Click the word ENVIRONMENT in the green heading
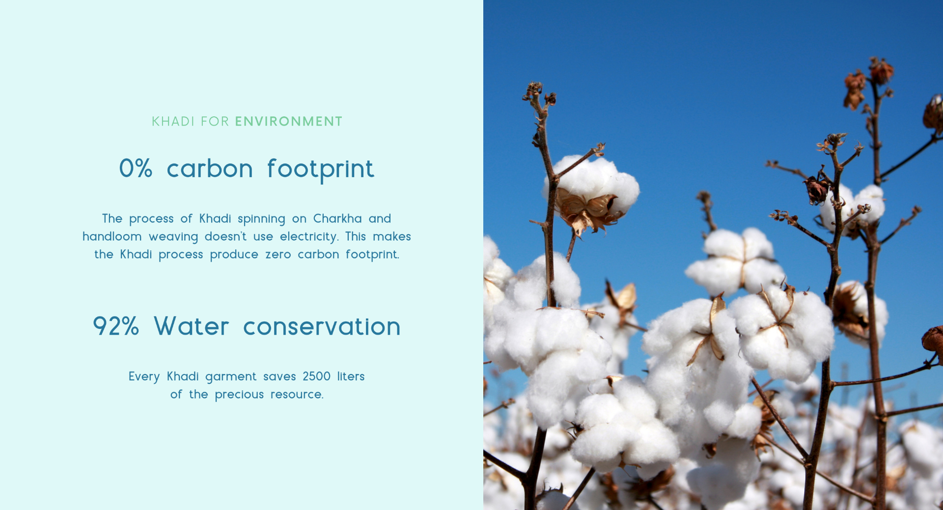click(x=288, y=121)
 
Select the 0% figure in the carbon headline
click(x=136, y=168)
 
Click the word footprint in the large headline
click(x=320, y=170)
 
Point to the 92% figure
click(x=116, y=326)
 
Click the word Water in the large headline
click(x=191, y=326)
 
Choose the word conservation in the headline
click(x=322, y=326)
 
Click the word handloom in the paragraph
click(x=112, y=236)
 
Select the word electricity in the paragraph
click(x=309, y=237)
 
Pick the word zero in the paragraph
click(x=278, y=254)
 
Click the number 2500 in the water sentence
click(x=316, y=376)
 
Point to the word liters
click(x=351, y=376)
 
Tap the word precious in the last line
click(x=239, y=395)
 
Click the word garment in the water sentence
click(x=231, y=377)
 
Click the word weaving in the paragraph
click(x=173, y=237)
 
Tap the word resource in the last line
click(x=297, y=395)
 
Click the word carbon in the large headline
click(x=210, y=168)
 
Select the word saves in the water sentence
click(x=279, y=376)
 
